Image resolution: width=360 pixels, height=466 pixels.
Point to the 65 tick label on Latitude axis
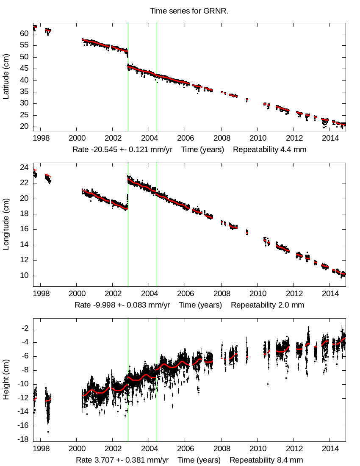click(24, 22)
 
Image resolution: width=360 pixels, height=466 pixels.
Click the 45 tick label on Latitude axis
click(24, 69)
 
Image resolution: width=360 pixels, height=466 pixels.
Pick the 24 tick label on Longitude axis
click(24, 167)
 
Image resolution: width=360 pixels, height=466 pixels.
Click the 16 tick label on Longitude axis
click(24, 229)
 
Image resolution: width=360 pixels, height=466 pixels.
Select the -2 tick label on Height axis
click(24, 328)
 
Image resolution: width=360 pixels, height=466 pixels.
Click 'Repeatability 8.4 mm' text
click(266, 460)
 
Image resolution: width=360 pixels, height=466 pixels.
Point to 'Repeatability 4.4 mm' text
click(269, 150)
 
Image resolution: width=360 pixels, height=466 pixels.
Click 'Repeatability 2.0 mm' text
click(267, 305)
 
